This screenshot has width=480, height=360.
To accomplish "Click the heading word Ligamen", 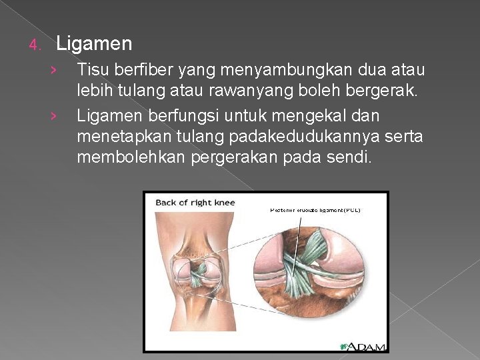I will click(94, 45).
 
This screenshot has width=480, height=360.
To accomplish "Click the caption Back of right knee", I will click(195, 203).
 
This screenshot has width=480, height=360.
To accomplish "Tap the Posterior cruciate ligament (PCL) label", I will click(315, 210).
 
